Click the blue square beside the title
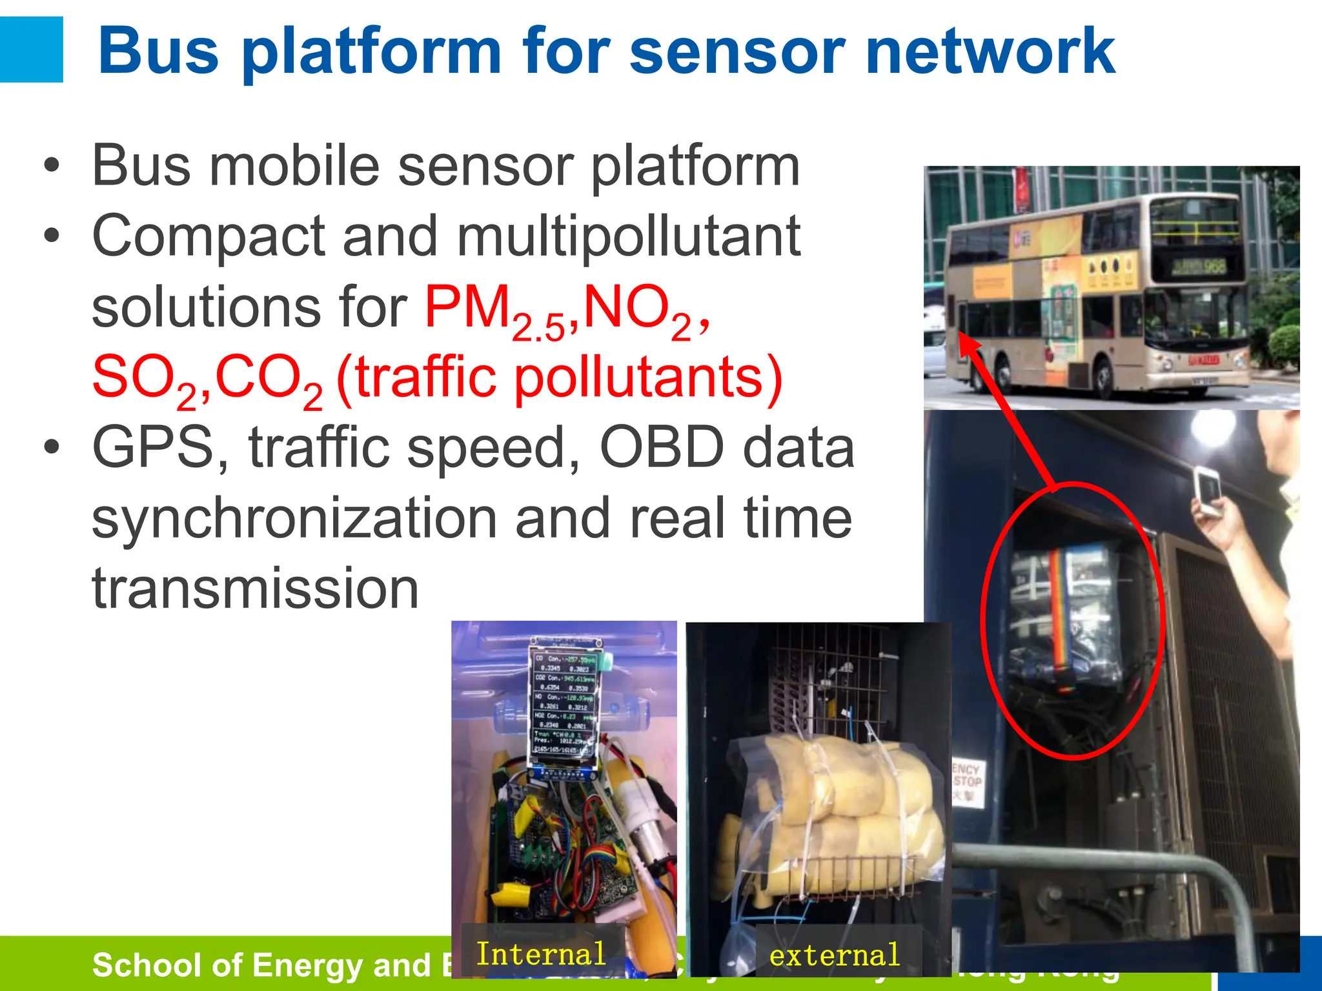click(31, 50)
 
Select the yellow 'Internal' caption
click(541, 954)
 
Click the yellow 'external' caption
click(834, 956)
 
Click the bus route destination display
click(1197, 266)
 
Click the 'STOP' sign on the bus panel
click(967, 781)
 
